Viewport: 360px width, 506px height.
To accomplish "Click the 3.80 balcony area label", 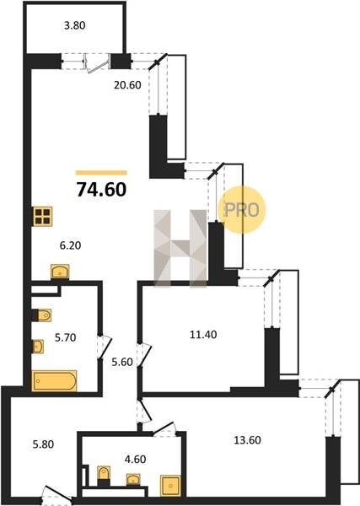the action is [x=74, y=25].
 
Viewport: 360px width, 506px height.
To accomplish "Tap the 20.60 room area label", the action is [x=127, y=85].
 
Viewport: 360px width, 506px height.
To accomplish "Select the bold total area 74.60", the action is [x=101, y=190].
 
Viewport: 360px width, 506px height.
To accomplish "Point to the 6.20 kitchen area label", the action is [x=70, y=245].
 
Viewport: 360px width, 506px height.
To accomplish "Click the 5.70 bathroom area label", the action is [x=65, y=337].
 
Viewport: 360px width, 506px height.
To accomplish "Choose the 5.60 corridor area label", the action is [x=122, y=362].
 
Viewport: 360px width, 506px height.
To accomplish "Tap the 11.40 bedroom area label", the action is [x=203, y=335].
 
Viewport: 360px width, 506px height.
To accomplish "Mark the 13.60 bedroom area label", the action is [x=247, y=440].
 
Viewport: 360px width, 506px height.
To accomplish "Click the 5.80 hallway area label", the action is [x=43, y=444].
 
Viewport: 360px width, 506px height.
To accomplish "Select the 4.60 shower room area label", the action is [x=135, y=459].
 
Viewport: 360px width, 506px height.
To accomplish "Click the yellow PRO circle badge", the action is [x=242, y=210].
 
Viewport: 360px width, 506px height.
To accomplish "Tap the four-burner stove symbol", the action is [x=43, y=217].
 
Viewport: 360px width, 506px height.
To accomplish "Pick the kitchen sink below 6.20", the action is [x=60, y=272].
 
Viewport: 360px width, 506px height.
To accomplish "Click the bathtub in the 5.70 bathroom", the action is [x=54, y=381].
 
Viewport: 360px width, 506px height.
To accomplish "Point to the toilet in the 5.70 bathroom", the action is [x=42, y=315].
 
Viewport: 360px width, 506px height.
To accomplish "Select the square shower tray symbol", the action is [x=170, y=486].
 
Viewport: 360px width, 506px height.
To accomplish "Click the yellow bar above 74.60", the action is [x=101, y=173].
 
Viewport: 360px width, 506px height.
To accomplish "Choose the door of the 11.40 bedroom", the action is [x=144, y=355].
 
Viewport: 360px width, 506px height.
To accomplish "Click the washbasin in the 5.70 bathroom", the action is [x=38, y=347].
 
